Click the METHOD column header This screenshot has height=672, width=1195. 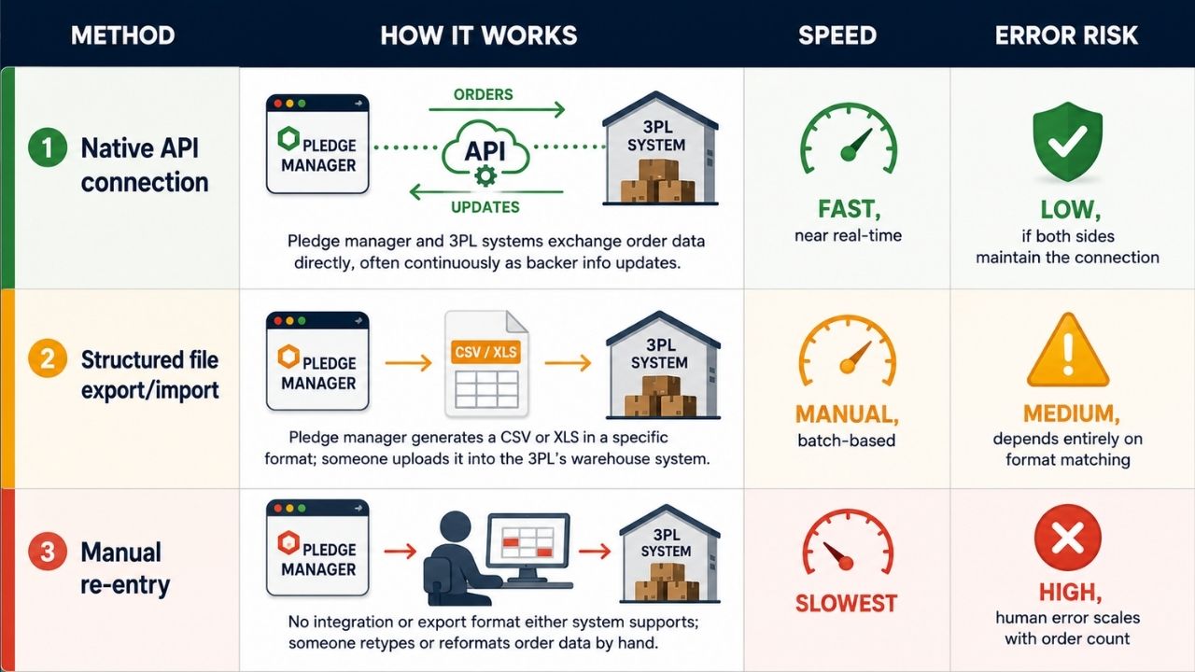pos(122,35)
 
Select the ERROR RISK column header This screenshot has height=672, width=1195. pos(1066,35)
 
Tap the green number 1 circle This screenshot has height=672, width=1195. pos(48,147)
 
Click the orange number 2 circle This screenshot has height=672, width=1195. pos(48,358)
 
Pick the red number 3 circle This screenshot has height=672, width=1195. pos(48,551)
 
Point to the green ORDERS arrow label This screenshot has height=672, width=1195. pos(484,94)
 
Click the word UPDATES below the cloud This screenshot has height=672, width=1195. pos(485,207)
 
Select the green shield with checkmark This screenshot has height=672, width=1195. pos(1067,141)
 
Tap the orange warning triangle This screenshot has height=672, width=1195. pos(1067,350)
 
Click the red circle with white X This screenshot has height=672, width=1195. pos(1067,538)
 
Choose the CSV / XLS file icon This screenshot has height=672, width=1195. pos(486,364)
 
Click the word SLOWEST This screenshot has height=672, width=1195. pos(846,603)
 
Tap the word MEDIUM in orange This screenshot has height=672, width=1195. pos(1068,413)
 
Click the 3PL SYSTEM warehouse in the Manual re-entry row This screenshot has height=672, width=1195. pos(670,553)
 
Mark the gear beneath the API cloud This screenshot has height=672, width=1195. pos(485,175)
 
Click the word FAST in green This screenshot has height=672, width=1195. pos(846,208)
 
